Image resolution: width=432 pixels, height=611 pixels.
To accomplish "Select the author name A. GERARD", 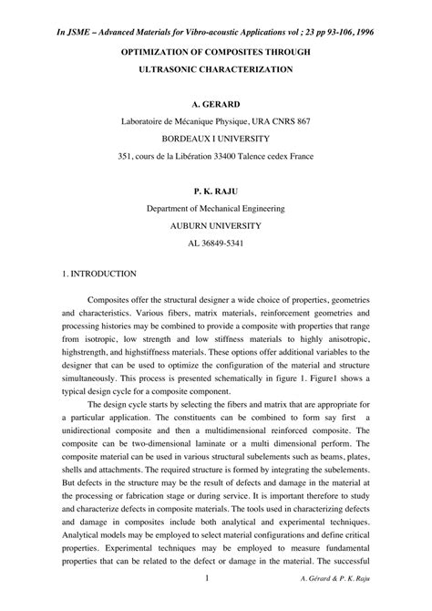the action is coord(216,105).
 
